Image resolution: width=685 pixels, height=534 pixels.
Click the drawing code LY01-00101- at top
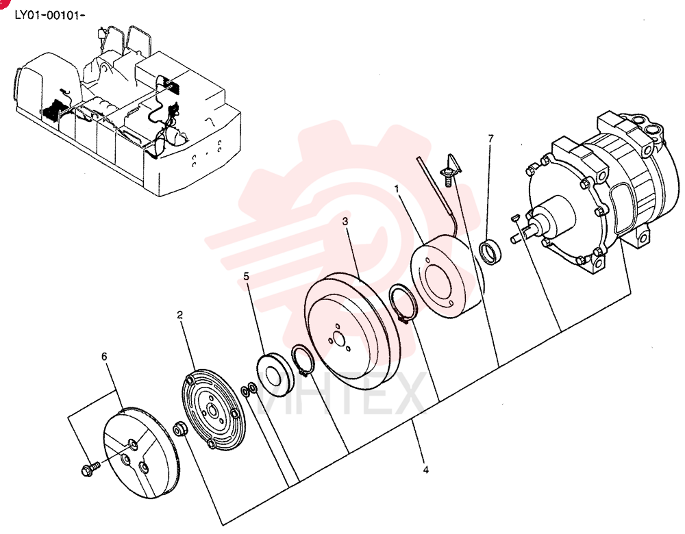click(x=49, y=15)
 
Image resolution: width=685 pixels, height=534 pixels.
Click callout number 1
click(x=397, y=189)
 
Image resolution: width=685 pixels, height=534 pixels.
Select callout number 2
click(x=180, y=315)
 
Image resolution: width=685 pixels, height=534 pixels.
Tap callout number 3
click(x=345, y=221)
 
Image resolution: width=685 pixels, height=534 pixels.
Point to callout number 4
click(x=426, y=470)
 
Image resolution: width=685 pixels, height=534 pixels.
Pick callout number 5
click(x=247, y=277)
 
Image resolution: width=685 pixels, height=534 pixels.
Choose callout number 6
click(x=104, y=357)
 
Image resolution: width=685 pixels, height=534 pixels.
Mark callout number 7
click(x=490, y=138)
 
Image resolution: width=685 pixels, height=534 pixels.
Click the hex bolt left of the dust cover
click(x=90, y=469)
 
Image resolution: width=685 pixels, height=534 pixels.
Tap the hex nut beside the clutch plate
click(x=180, y=428)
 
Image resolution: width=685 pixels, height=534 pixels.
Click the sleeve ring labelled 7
click(x=491, y=252)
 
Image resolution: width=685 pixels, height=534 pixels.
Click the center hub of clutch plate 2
click(x=213, y=411)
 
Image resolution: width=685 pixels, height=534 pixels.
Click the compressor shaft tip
click(x=514, y=239)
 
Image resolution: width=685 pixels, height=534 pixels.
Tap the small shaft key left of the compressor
click(x=514, y=217)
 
